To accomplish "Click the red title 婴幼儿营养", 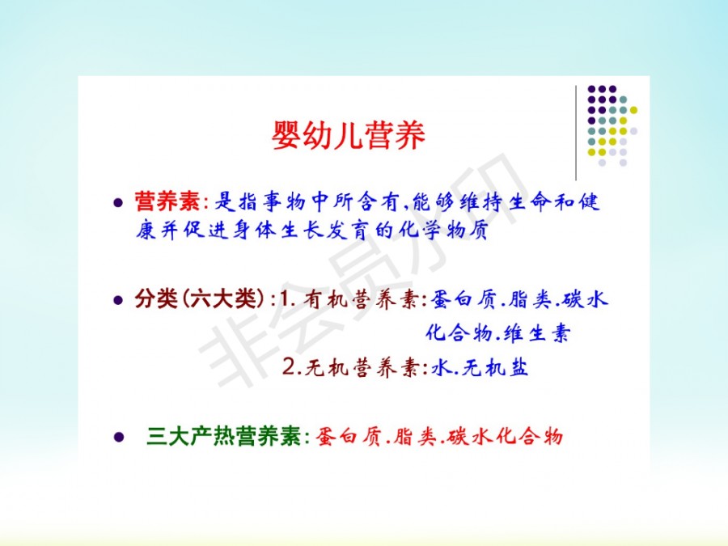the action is click(x=348, y=135).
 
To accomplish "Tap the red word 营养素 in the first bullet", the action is click(x=167, y=202).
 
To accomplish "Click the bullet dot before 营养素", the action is click(x=118, y=202).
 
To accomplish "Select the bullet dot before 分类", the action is click(x=118, y=300).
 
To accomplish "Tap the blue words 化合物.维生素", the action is click(x=497, y=333).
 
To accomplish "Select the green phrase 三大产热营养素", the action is click(x=225, y=437).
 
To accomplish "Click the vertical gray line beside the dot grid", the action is click(x=576, y=133).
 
